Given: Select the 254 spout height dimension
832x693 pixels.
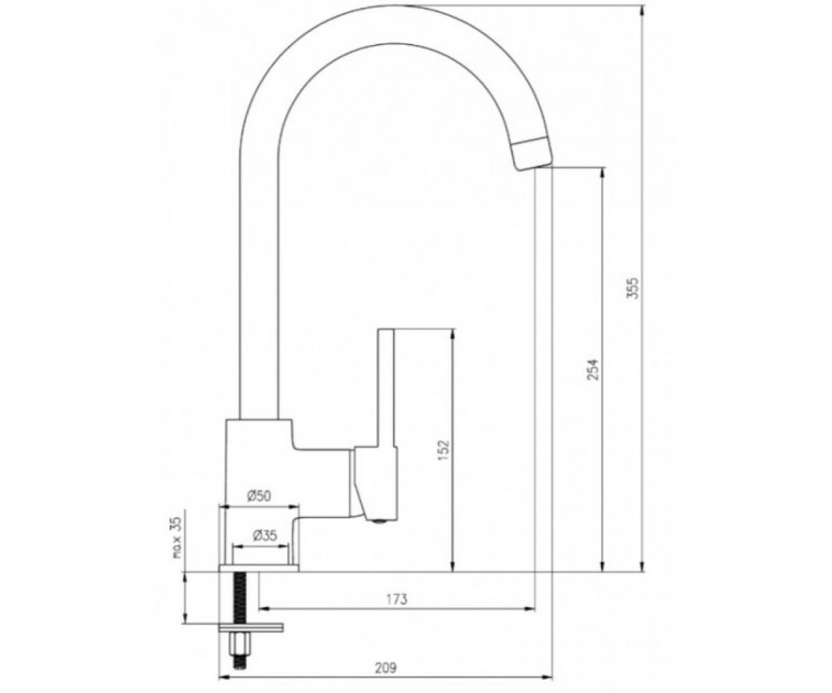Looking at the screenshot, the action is pos(593,369).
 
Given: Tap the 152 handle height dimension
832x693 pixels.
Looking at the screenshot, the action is pos(444,450).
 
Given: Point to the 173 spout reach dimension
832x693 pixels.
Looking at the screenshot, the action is pos(397,599).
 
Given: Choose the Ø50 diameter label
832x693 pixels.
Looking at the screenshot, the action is pos(259,496).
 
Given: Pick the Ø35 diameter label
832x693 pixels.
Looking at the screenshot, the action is pos(264,536).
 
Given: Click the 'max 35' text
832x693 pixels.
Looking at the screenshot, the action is pos(177,538).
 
